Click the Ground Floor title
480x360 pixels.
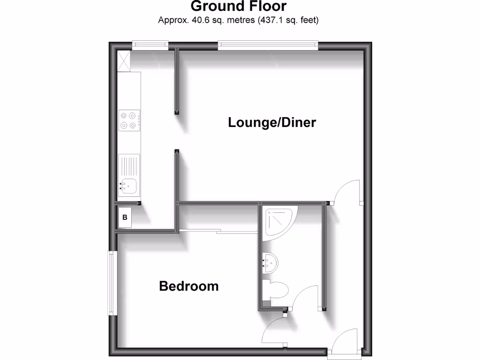[239, 7]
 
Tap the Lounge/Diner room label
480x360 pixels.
[272, 123]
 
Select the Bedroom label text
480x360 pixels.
[188, 286]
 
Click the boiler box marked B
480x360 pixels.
[125, 217]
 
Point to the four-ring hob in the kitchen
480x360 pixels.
[128, 120]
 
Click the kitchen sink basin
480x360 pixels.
[128, 186]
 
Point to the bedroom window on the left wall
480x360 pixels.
[112, 283]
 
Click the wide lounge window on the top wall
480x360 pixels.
[268, 45]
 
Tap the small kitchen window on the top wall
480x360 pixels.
[150, 45]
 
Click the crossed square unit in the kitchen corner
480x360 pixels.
[124, 61]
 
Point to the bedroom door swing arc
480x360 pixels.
[274, 331]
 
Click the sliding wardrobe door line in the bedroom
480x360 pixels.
[218, 231]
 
